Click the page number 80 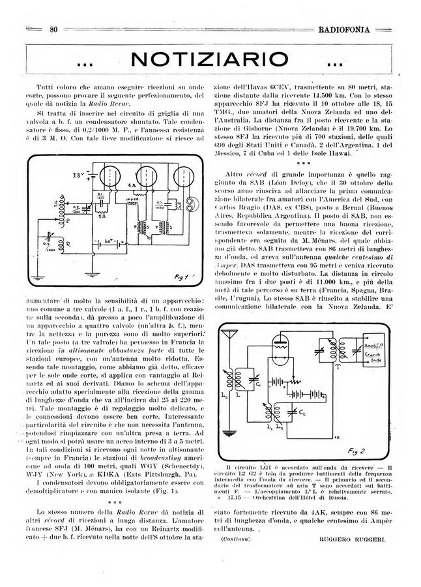coord(54,28)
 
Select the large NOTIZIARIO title coord(209,62)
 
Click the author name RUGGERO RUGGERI coord(353,539)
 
